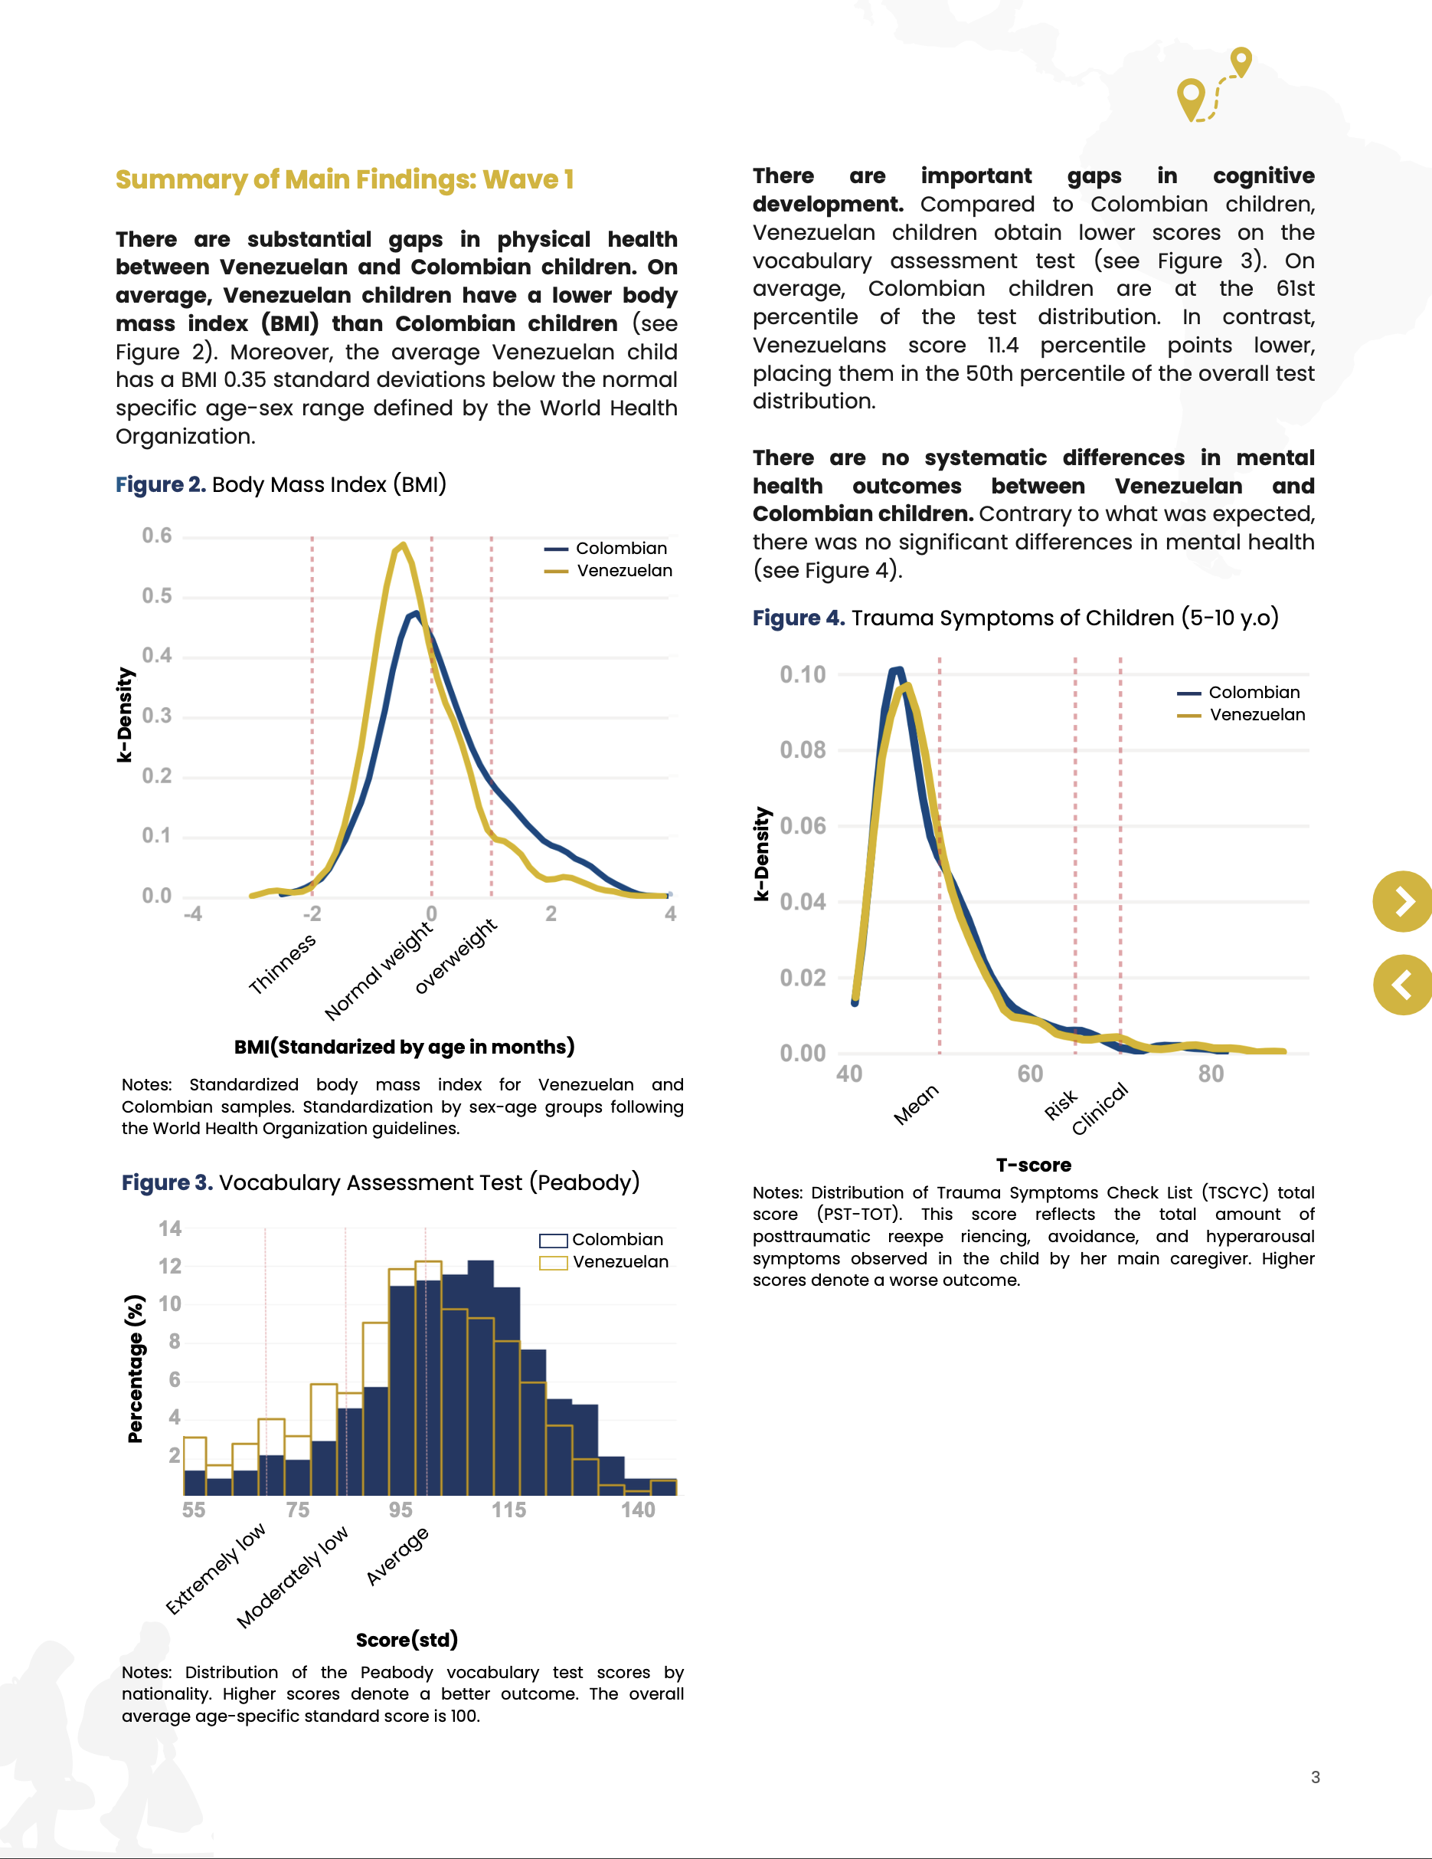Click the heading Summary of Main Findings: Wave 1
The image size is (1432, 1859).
pos(344,179)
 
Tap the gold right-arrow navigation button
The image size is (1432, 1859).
pos(1403,901)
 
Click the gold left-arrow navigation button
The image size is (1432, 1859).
pos(1403,985)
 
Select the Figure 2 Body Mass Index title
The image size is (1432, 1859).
pos(281,484)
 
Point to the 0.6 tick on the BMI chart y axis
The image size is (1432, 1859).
pos(156,536)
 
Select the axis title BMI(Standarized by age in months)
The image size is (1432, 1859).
pos(404,1046)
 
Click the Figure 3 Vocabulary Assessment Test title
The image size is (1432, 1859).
pos(381,1182)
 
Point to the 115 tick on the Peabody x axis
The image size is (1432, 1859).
pos(508,1510)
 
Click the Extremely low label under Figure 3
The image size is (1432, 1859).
pos(215,1569)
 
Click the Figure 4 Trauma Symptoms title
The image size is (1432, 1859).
pos(1015,618)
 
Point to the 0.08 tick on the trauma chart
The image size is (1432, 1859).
pos(803,750)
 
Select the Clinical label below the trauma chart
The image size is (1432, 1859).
pos(1100,1108)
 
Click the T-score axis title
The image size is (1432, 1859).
pos(1034,1165)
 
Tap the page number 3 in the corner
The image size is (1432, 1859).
pos(1316,1776)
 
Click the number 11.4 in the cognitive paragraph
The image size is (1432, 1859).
pos(1002,346)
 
